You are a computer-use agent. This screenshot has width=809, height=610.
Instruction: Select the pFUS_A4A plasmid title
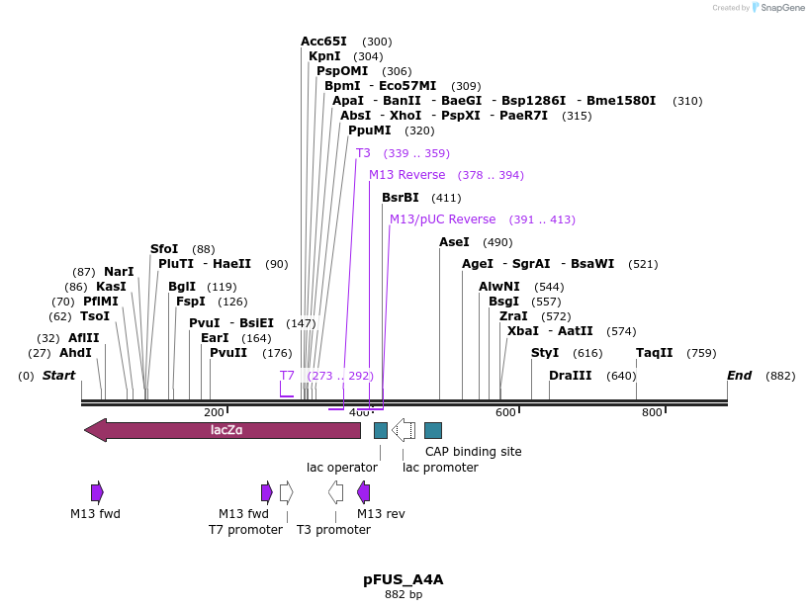click(403, 579)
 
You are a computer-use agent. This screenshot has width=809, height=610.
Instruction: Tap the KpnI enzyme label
click(324, 56)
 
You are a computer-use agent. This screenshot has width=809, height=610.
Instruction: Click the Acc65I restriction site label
click(323, 42)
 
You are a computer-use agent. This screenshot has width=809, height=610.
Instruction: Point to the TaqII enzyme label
click(654, 352)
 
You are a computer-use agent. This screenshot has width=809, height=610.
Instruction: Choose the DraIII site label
click(571, 376)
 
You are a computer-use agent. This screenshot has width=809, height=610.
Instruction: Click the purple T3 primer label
click(363, 153)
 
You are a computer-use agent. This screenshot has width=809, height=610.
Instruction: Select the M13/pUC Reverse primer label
click(442, 219)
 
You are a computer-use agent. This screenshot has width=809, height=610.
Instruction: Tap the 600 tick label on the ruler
click(505, 412)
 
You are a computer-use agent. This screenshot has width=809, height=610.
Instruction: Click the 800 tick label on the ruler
click(651, 412)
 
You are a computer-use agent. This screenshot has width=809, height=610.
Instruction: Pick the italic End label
click(739, 376)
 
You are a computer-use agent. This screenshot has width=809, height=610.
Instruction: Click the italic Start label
click(58, 376)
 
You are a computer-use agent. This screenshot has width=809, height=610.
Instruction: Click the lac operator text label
click(342, 467)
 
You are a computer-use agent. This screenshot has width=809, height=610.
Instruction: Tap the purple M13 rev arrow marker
click(364, 492)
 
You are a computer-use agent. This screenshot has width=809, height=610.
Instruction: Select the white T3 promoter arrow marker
click(336, 492)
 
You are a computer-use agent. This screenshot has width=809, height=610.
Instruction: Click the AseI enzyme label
click(454, 242)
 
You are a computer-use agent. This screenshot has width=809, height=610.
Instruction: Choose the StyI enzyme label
click(545, 352)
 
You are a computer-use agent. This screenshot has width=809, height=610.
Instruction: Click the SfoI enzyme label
click(164, 249)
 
